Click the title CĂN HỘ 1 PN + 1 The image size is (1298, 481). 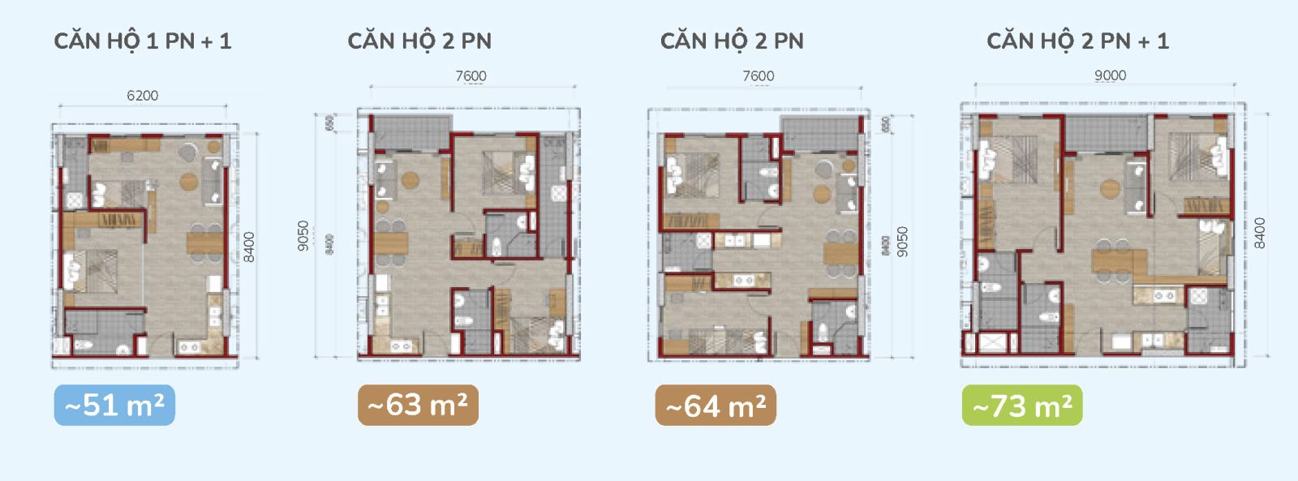pos(143,41)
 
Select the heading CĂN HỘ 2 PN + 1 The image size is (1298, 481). pos(1077,41)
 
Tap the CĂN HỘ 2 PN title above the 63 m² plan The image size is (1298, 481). pos(419,41)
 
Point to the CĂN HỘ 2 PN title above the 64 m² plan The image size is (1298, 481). pos(732,41)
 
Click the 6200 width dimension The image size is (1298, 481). pos(143,96)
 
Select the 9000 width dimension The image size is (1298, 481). pos(1110,75)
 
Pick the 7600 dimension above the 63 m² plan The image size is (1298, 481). pos(471,76)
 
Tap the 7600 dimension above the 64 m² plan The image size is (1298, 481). pos(759,76)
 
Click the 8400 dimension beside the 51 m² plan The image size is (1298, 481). pos(249,247)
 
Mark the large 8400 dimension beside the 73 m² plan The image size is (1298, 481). pos(1259,234)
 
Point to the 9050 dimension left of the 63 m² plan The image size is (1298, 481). pos(303,236)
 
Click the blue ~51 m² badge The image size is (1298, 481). pos(114,405)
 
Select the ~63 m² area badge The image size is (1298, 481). pos(418,405)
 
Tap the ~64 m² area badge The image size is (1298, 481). pos(716,406)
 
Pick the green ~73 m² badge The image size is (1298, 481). pos(1022,406)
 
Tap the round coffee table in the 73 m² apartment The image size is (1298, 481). pos(1110,188)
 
